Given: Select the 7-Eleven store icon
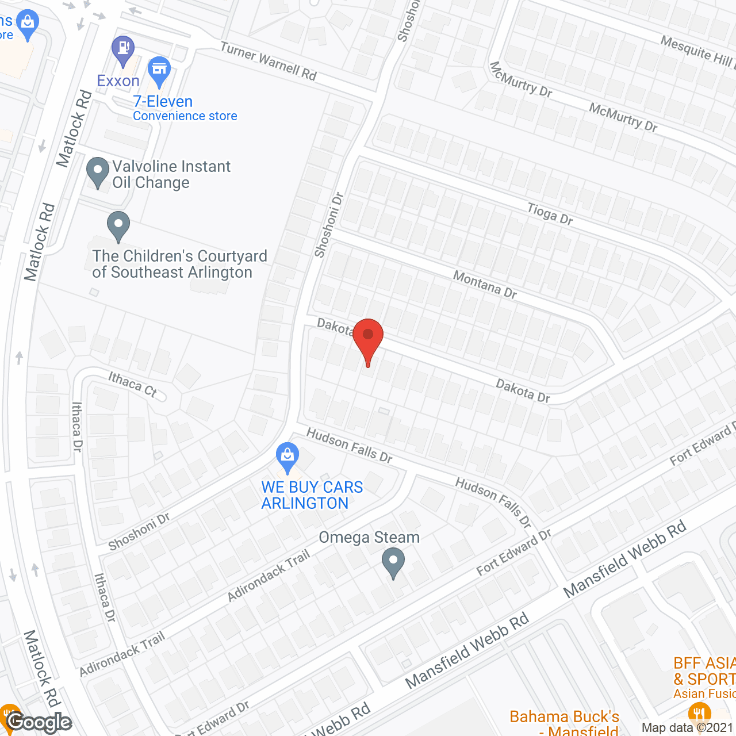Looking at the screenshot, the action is (159, 70).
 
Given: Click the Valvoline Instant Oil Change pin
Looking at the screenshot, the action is (98, 171).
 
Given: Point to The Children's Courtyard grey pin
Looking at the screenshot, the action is (118, 225).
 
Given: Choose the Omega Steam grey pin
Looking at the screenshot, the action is (393, 562).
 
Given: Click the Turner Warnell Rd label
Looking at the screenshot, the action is (269, 62).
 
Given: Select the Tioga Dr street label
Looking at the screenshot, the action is (550, 214).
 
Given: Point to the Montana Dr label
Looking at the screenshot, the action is (485, 285).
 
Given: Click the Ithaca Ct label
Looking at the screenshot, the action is (132, 384).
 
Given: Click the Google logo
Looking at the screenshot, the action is (39, 722).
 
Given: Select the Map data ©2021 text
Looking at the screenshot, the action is (688, 728).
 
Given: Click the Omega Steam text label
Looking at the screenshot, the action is (369, 538).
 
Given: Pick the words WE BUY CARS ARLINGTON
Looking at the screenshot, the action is (312, 495).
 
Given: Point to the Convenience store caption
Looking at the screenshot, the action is (185, 116).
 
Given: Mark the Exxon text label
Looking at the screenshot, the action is (118, 81).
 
